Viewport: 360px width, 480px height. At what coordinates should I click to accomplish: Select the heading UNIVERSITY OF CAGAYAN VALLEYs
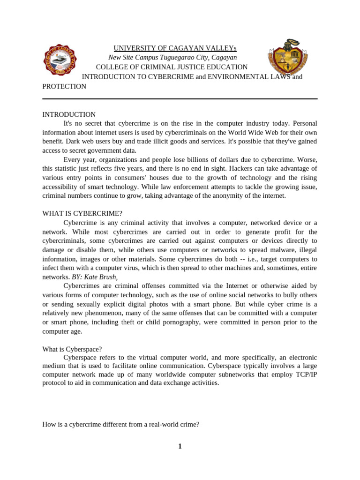point(175,48)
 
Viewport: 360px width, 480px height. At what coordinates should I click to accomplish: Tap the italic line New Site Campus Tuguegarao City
point(172,58)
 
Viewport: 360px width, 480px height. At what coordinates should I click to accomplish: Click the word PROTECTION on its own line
point(64,86)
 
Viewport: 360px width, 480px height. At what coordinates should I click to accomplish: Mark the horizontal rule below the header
point(180,99)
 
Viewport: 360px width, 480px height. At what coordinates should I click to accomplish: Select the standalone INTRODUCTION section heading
point(69,114)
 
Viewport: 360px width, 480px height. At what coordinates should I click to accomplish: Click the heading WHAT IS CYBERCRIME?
point(82,213)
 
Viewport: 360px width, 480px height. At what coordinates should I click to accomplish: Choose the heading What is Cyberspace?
point(72,349)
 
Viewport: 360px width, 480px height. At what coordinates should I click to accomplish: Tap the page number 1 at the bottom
point(180,446)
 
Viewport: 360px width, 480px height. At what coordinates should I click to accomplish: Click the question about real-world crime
point(121,424)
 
